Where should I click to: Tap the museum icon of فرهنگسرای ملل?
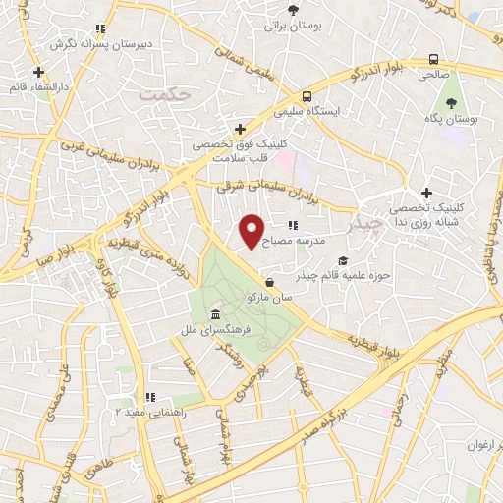(215, 314)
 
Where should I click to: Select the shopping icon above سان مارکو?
(270, 282)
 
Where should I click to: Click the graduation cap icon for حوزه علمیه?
(343, 260)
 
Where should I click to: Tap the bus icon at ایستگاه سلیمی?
(307, 96)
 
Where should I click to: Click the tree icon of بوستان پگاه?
(453, 101)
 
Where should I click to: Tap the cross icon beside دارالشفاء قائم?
(37, 72)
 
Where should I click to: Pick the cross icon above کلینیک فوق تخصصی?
(240, 129)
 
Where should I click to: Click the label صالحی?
(432, 74)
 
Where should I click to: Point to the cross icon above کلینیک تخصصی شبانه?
(425, 193)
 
